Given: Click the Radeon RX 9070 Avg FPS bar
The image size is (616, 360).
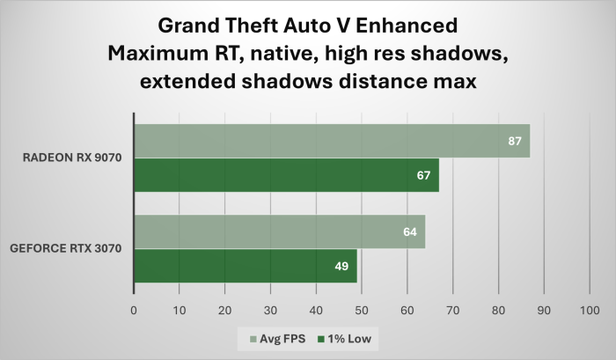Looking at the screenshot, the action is click(332, 141).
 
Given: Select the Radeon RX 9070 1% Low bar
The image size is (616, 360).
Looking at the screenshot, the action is click(287, 175).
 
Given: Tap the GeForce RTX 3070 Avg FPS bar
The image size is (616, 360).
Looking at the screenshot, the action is click(280, 231).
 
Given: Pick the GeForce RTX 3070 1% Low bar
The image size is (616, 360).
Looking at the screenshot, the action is click(246, 266).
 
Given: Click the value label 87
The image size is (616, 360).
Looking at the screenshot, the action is click(515, 141).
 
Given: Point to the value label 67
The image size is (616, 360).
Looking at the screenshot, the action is click(423, 175).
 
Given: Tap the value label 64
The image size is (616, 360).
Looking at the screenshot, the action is click(410, 231).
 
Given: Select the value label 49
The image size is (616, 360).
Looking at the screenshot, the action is click(341, 267).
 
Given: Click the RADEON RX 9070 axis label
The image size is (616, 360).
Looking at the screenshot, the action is click(72, 158).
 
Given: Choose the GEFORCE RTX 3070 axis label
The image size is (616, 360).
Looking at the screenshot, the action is click(66, 248).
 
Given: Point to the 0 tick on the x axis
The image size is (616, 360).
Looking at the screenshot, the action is click(134, 311).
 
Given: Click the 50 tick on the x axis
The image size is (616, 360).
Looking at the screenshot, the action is click(362, 311).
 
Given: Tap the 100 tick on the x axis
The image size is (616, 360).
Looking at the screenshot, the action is click(590, 311).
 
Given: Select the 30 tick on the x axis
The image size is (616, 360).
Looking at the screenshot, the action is click(270, 311).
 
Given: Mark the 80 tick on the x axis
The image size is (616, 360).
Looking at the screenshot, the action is click(498, 311).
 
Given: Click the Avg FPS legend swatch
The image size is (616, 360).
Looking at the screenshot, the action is click(253, 339).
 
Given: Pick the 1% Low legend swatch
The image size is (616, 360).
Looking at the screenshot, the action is click(321, 339).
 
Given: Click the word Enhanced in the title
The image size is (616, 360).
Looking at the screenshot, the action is click(407, 26).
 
